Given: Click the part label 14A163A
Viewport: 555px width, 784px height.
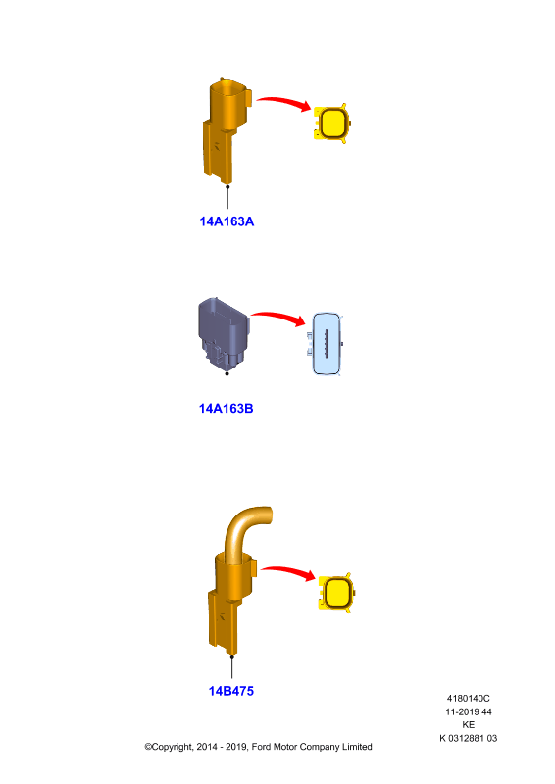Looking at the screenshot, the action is pos(227,221).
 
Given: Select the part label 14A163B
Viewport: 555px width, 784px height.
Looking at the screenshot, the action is pos(227,409).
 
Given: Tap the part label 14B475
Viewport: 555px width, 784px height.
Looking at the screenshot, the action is pos(231,691).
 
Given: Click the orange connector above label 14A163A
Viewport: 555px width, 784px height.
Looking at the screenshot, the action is pos(227,131).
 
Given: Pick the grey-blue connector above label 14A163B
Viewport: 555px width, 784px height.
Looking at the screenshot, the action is pos(224,334).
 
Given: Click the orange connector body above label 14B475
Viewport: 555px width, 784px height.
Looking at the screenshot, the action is pos(231,605).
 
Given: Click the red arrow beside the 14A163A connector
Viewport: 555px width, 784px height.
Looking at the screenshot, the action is pos(284,102).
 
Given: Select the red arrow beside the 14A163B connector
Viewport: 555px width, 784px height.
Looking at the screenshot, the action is pos(278,317).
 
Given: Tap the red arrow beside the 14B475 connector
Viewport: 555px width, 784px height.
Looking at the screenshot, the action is pos(288,571).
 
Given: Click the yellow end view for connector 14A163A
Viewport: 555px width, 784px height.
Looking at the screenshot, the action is pos(331,123).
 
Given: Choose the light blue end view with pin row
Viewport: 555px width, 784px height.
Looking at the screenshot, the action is pos(326,344).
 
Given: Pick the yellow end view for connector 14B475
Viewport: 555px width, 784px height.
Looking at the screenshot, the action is pos(336,593).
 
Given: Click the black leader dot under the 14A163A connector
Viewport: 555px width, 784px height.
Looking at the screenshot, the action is pos(227,186).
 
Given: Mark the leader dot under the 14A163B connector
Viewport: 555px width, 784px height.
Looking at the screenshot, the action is pos(227,373).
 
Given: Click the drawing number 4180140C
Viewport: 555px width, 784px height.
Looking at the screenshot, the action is pos(469,699).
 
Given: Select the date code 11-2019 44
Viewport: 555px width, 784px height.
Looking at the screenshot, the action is pos(469,712).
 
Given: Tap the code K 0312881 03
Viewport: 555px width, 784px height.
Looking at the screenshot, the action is pos(469,739).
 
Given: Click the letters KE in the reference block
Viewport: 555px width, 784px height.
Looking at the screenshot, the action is pos(469,725).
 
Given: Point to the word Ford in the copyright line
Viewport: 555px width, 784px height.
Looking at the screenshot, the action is pos(261,747).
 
